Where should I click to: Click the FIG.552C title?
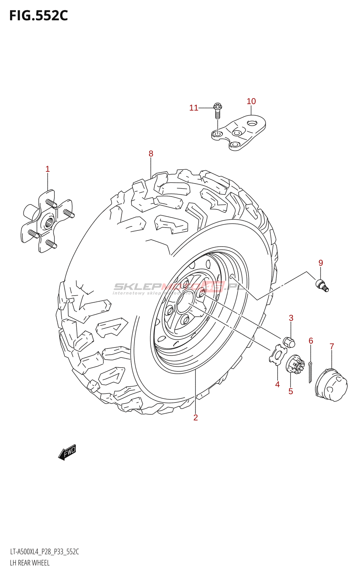38,16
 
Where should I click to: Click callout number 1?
48,169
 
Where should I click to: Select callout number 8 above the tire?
151,154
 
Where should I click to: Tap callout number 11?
194,108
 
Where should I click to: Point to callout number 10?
251,102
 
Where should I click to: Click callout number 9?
321,263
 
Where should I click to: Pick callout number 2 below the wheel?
195,418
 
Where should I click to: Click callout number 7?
332,346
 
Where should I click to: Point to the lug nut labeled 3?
289,342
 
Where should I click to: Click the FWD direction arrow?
67,452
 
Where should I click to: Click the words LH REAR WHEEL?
30,563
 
